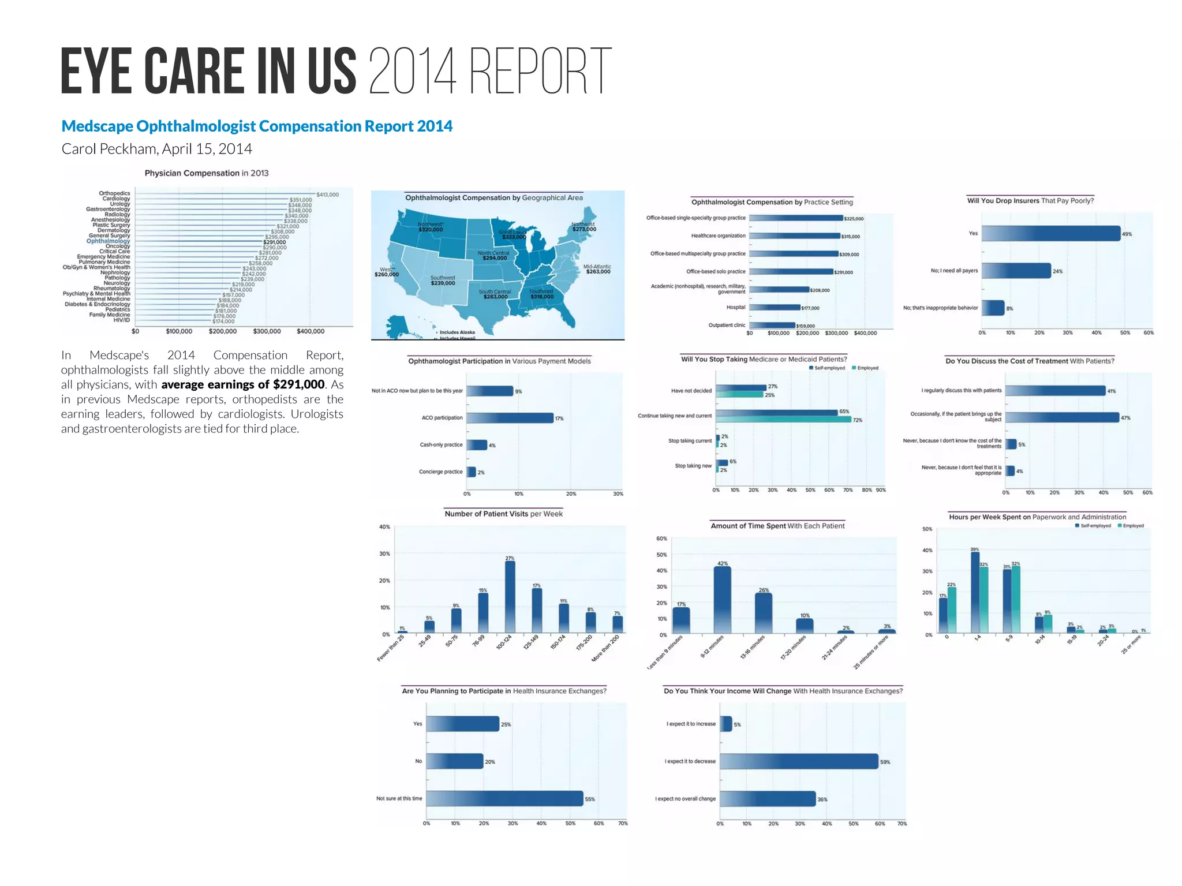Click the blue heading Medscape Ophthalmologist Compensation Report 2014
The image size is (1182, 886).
[257, 126]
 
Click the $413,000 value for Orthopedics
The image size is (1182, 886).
[327, 195]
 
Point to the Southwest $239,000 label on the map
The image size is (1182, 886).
[443, 281]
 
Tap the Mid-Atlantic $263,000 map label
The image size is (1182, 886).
[597, 270]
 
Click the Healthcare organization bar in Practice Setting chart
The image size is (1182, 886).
[794, 235]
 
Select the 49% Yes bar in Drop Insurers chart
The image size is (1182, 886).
[1050, 233]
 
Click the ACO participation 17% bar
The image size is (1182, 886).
[510, 418]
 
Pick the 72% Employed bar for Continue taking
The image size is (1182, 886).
[783, 420]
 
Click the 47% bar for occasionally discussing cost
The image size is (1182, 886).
[1062, 417]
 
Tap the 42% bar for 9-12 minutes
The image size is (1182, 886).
[722, 600]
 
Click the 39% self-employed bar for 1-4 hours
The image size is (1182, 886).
[975, 593]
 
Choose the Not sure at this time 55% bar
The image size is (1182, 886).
[504, 798]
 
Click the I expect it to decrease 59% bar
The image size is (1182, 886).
[799, 761]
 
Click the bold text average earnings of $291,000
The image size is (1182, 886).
[242, 384]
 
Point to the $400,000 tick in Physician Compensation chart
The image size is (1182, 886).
[311, 331]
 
